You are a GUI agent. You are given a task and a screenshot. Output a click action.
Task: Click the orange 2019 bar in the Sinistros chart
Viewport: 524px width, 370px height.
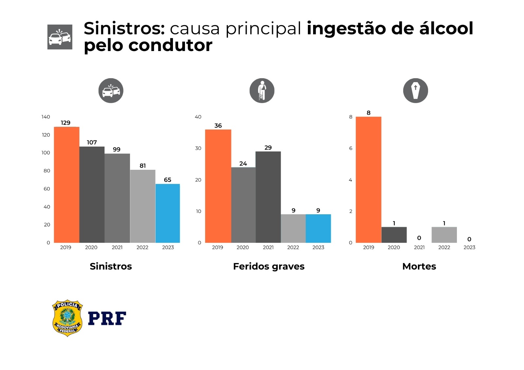[x=66, y=185]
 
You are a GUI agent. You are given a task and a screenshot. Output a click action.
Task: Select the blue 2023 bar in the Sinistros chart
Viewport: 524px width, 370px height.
[x=167, y=213]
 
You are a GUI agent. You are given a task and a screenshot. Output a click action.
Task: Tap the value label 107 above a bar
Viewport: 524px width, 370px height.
[x=92, y=142]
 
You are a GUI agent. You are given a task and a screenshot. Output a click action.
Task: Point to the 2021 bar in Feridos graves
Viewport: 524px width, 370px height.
[x=268, y=197]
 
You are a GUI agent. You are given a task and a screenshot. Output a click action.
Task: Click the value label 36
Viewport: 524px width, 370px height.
[x=218, y=126]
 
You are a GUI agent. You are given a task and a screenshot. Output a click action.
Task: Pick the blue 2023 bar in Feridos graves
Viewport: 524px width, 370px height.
[x=318, y=228]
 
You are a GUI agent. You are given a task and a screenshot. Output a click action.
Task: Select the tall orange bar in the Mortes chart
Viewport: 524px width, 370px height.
[x=368, y=180]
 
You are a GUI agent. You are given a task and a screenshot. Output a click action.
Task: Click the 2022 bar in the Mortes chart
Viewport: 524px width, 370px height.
[x=444, y=235]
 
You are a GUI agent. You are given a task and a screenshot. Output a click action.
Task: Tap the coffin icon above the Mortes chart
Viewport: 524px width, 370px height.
[x=415, y=91]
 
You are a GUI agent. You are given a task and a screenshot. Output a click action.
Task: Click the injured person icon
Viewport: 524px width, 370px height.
[x=262, y=91]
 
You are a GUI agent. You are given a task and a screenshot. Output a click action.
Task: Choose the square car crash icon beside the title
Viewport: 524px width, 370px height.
[x=60, y=37]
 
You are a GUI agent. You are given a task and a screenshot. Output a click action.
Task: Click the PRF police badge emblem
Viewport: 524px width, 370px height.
[x=67, y=318]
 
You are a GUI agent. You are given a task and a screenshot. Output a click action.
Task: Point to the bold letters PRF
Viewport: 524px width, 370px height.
[x=107, y=318]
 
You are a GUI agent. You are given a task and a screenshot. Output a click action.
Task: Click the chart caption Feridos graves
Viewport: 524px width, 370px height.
[x=269, y=266]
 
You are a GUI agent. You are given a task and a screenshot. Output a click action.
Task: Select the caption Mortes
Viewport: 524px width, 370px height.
[x=419, y=266]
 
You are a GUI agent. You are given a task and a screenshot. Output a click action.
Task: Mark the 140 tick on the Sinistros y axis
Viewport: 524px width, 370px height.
[x=46, y=117]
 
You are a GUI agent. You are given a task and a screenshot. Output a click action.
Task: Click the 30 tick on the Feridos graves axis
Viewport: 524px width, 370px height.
[x=198, y=148]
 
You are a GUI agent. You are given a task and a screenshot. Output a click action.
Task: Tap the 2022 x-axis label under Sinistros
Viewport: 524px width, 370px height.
[x=142, y=247]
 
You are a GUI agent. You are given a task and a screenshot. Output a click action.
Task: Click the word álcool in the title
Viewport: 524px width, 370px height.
[x=446, y=28]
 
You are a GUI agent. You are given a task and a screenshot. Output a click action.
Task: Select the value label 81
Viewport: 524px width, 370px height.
[x=142, y=166]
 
